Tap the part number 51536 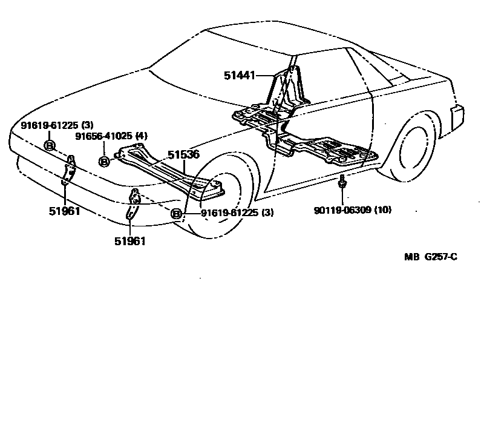point(183,155)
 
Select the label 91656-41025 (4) point(111,136)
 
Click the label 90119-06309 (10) point(353,210)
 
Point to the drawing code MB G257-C point(431,257)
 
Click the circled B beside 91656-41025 point(104,161)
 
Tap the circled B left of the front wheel point(177,213)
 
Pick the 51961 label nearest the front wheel point(130,240)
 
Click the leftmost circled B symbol point(50,145)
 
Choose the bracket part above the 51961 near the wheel point(134,206)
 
